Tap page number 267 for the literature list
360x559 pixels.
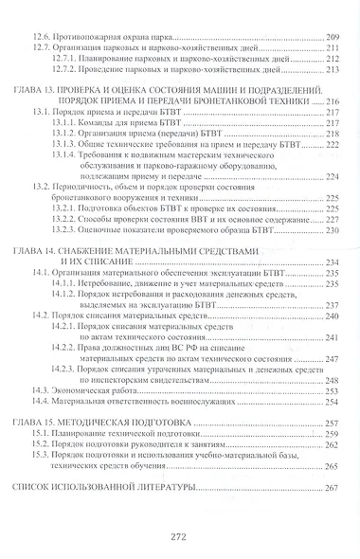[330, 488]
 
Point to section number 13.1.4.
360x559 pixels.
[65, 153]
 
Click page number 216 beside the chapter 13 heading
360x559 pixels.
[330, 100]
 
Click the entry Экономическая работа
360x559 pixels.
[97, 374]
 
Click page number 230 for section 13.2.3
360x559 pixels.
[330, 227]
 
